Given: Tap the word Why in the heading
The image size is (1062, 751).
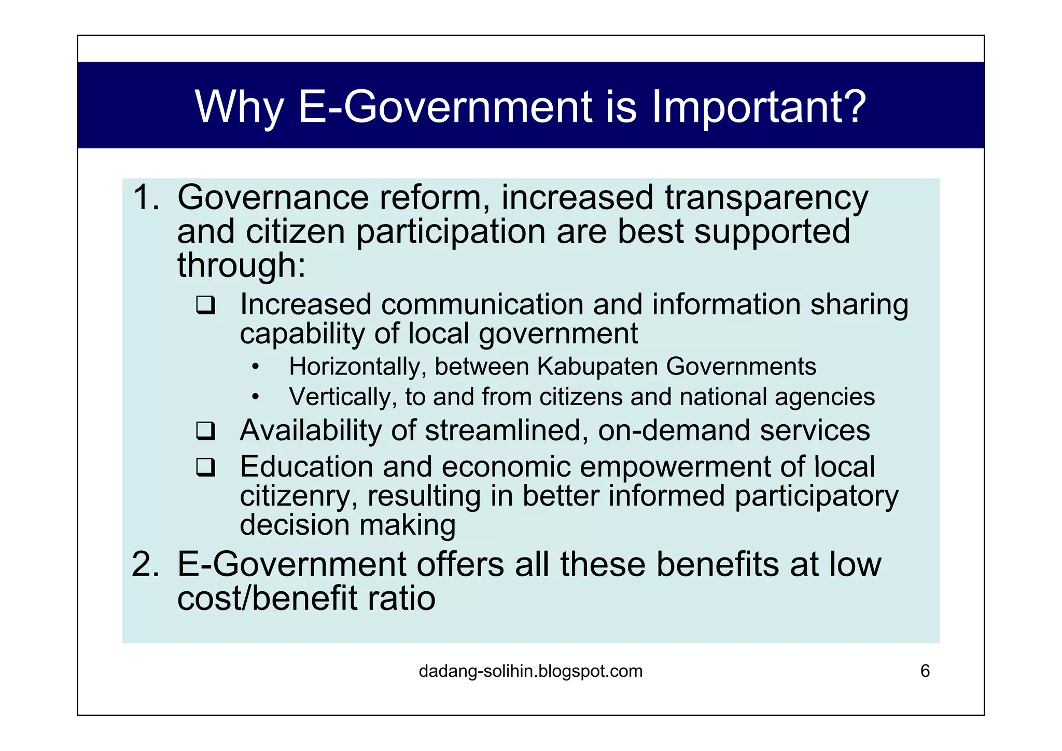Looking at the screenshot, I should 239,107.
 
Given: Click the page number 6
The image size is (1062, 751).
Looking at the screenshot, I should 925,671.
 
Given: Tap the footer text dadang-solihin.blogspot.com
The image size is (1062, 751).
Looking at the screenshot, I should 530,671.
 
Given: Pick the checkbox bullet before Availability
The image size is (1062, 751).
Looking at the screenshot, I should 206,431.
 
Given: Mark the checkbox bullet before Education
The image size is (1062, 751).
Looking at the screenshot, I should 206,467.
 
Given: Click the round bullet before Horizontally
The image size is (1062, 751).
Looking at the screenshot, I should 255,368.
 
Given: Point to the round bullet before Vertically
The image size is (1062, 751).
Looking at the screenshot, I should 255,398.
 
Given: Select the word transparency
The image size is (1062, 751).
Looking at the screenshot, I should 766,199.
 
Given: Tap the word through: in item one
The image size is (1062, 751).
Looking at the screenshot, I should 241,265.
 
